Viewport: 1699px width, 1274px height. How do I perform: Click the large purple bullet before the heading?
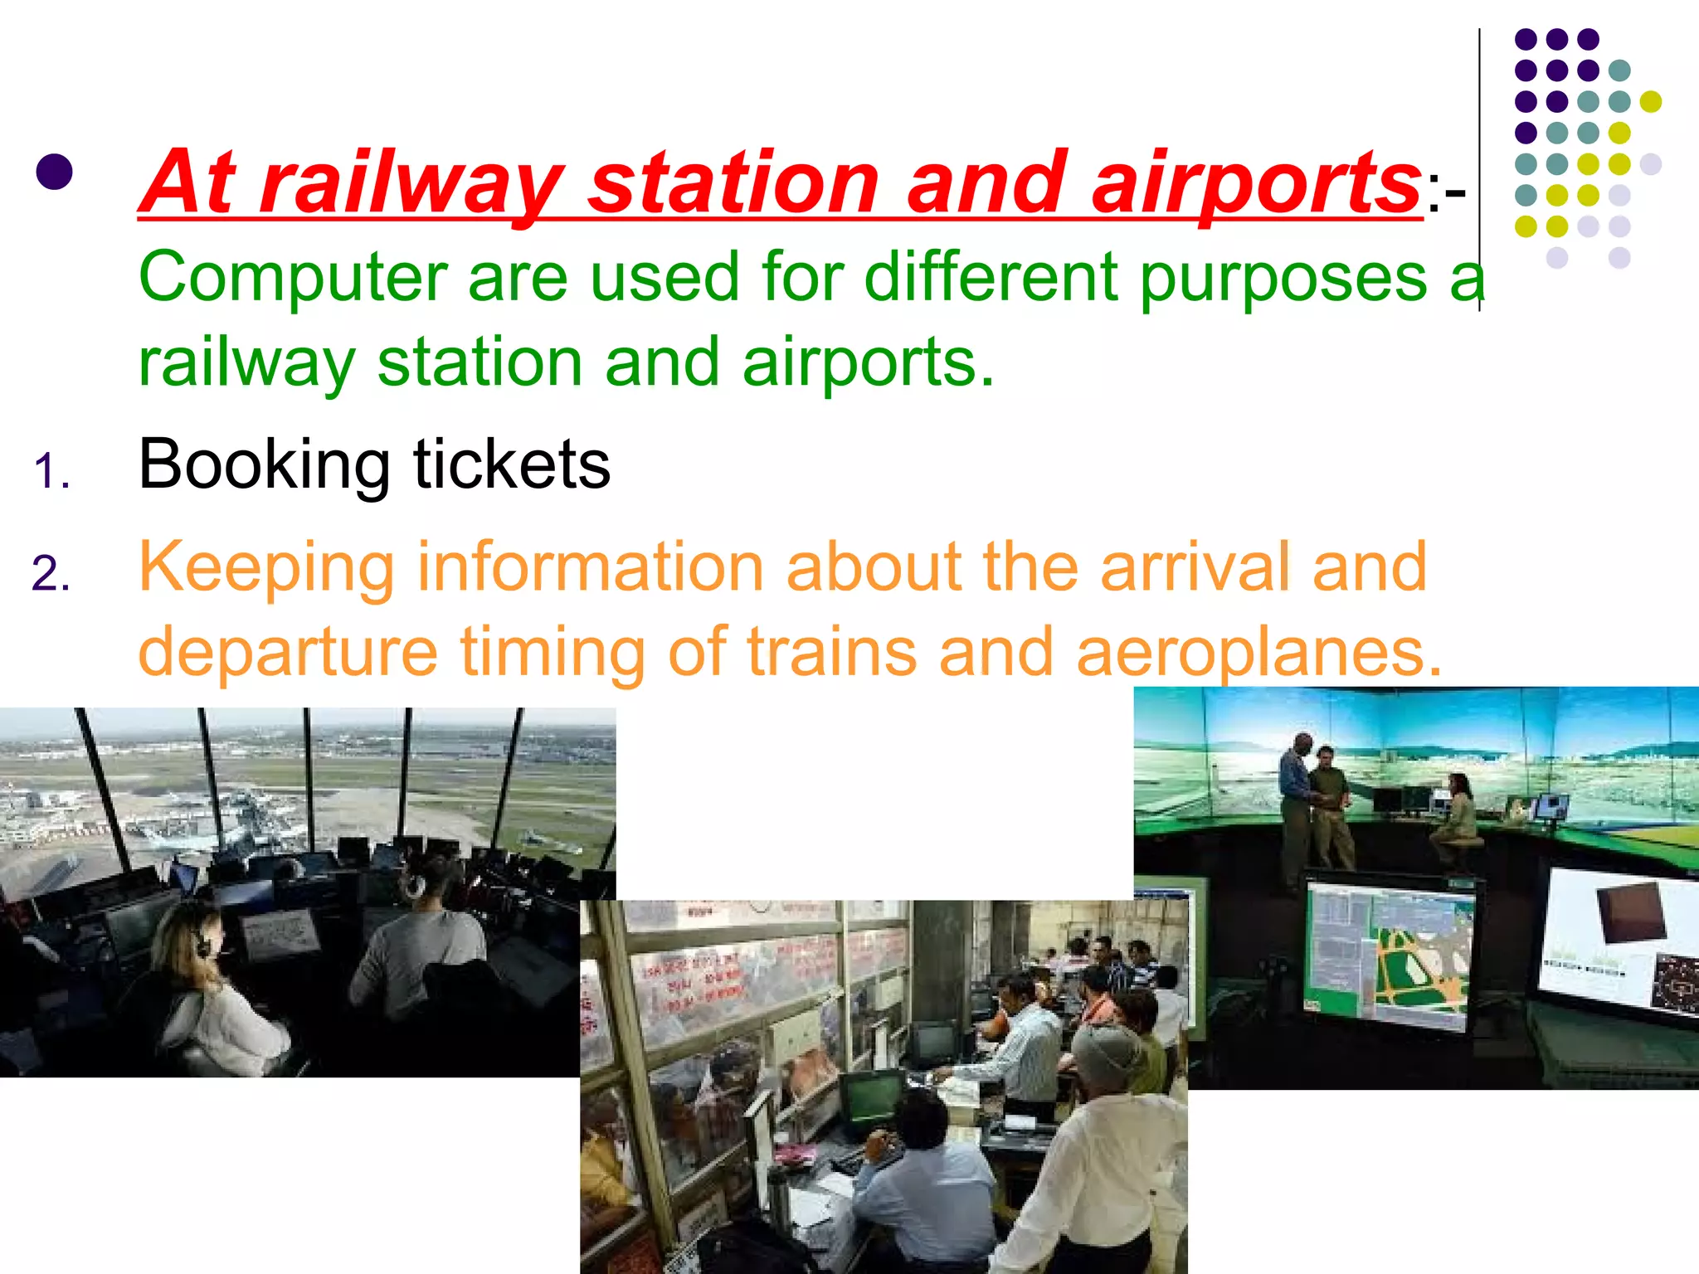(x=55, y=173)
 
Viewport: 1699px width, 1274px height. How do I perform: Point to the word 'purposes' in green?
(x=1283, y=278)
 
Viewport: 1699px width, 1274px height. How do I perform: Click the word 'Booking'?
(x=264, y=464)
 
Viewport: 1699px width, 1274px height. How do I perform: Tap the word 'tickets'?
(x=512, y=464)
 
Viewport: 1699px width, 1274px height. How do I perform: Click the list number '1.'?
(x=51, y=472)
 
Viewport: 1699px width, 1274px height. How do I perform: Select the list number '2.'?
(x=51, y=574)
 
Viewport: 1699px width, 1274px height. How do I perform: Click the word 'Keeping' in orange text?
(x=265, y=568)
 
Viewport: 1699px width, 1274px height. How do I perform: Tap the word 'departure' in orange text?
(x=288, y=653)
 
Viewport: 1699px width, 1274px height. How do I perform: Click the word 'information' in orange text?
(x=590, y=568)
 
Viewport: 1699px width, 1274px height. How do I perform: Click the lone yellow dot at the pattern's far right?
(x=1651, y=101)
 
